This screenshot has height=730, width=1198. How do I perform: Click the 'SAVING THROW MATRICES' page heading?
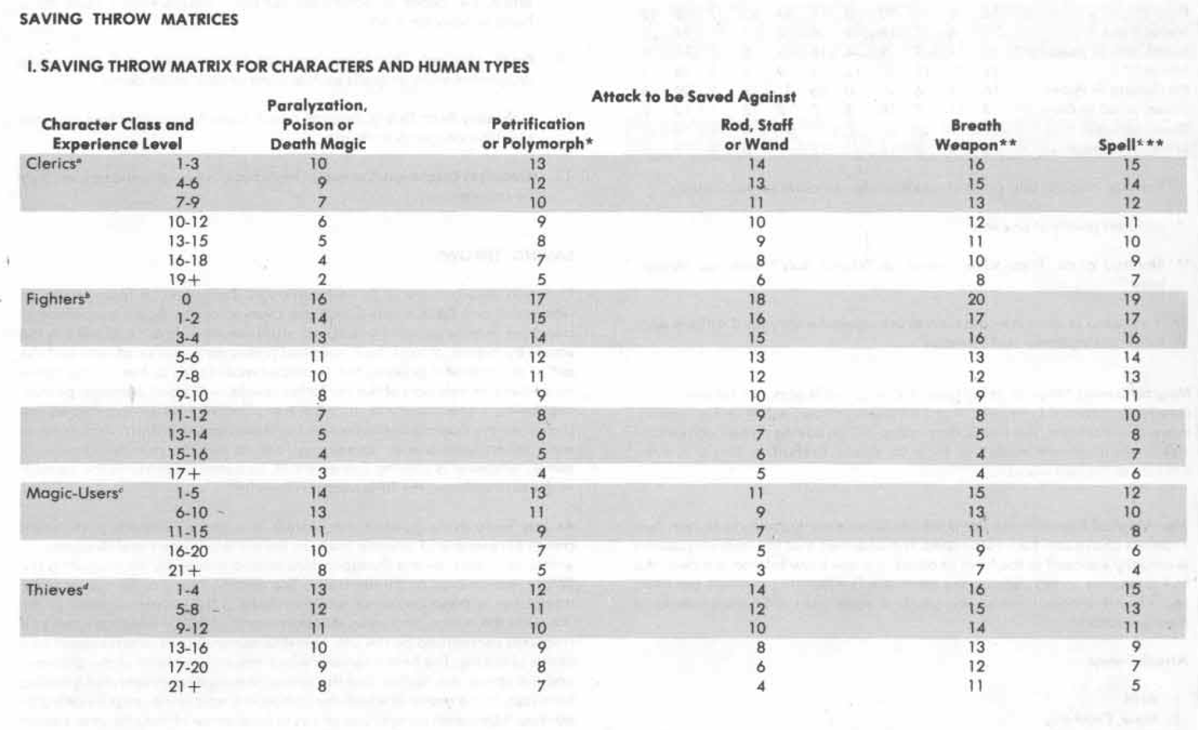(x=128, y=19)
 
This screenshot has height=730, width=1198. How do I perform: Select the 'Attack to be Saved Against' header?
(x=694, y=97)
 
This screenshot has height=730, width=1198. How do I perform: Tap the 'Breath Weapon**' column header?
(x=975, y=135)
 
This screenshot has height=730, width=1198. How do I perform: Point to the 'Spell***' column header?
(x=1131, y=145)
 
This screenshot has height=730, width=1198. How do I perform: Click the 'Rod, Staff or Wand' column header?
(x=756, y=135)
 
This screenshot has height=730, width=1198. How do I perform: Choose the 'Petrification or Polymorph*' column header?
(x=537, y=134)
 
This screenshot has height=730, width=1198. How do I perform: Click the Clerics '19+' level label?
(x=184, y=280)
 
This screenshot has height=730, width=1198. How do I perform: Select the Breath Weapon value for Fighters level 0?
(x=976, y=299)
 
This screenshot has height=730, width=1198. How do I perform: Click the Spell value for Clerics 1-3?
(x=1131, y=164)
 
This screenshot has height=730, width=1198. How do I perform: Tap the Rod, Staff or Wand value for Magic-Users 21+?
(x=761, y=571)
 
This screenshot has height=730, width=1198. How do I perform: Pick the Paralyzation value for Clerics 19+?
(x=322, y=280)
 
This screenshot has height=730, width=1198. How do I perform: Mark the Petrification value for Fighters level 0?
(x=537, y=299)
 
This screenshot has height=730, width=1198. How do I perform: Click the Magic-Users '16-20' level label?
(x=188, y=551)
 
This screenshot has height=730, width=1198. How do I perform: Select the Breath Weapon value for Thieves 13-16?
(x=976, y=647)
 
